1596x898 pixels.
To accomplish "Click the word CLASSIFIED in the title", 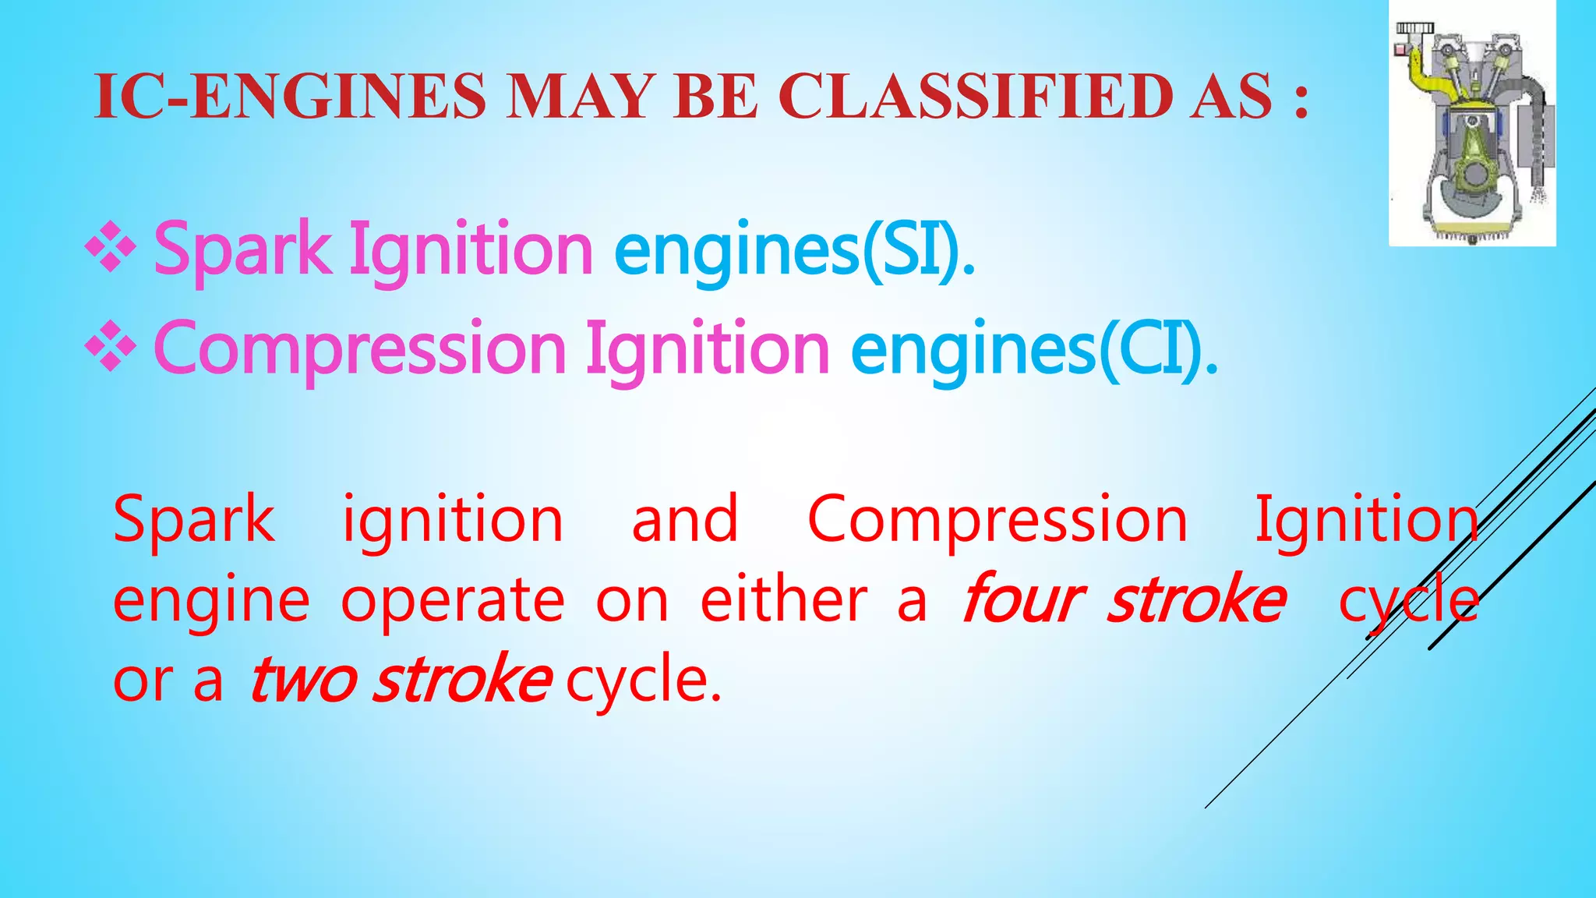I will (x=976, y=97).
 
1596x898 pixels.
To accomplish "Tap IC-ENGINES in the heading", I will (x=290, y=97).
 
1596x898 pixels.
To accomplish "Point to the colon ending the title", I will (x=1300, y=102).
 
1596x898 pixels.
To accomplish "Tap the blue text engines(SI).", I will (x=795, y=249).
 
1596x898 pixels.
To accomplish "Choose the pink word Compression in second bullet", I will (x=360, y=349).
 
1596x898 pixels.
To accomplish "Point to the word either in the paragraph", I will (x=783, y=600).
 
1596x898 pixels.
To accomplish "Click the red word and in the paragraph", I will (x=684, y=520).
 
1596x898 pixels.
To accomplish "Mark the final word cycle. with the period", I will (x=644, y=680).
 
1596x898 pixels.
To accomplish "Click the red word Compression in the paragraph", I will (x=997, y=520).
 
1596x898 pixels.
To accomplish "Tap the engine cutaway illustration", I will (x=1472, y=125).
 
